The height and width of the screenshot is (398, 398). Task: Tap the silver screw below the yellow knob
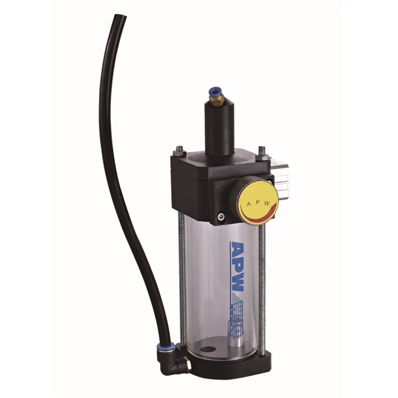click(x=221, y=215)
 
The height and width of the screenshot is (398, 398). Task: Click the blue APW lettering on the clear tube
click(x=238, y=269)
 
